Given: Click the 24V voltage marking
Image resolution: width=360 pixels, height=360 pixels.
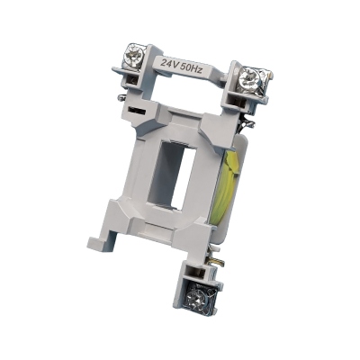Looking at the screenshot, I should tap(170, 64).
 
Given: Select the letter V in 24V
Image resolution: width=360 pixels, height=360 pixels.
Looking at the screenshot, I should tap(177, 64).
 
